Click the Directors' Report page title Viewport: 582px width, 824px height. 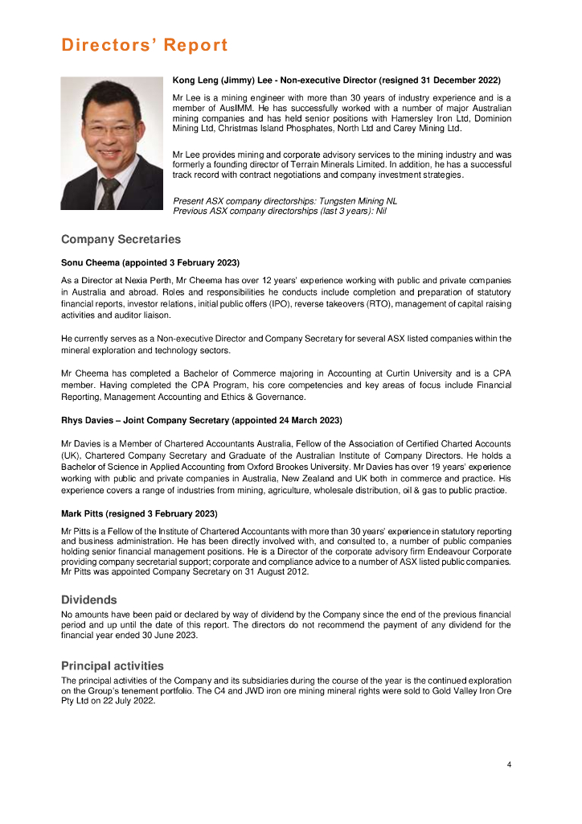click(145, 45)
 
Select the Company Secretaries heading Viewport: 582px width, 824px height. click(121, 239)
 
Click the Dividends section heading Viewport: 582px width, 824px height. click(89, 599)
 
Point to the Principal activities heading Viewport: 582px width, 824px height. click(113, 665)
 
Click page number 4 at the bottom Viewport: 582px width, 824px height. click(509, 764)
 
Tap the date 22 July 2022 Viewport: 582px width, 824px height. click(127, 700)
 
